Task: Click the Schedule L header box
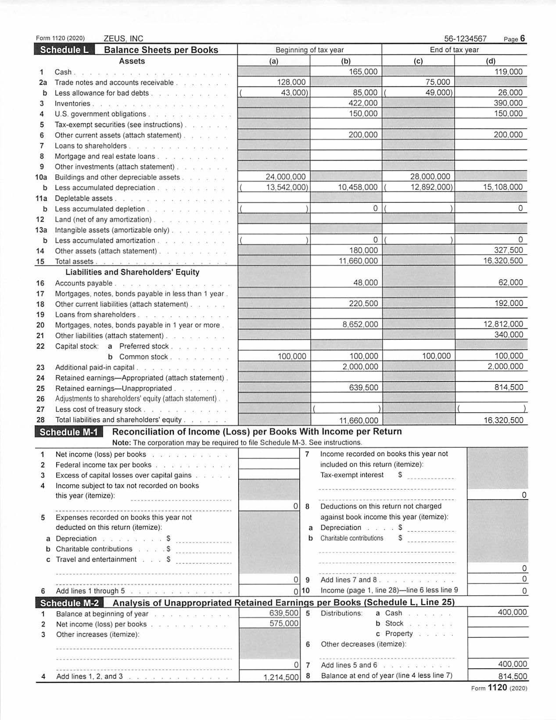pyautogui.click(x=64, y=50)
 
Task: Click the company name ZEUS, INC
pyautogui.click(x=123, y=39)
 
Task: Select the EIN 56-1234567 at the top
pyautogui.click(x=465, y=39)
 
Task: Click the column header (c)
pyautogui.click(x=418, y=61)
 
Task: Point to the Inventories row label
pyautogui.click(x=72, y=104)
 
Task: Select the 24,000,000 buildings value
pyautogui.click(x=285, y=177)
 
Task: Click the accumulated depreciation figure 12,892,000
pyautogui.click(x=431, y=187)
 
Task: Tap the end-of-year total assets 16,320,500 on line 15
pyautogui.click(x=503, y=261)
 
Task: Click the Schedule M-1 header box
pyautogui.click(x=68, y=432)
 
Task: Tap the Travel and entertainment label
pyautogui.click(x=96, y=560)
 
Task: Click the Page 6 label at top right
pyautogui.click(x=514, y=39)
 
